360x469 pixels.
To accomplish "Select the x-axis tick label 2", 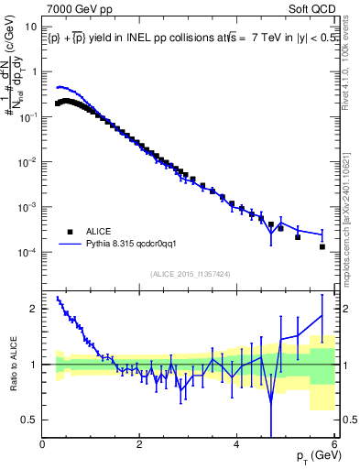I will tap(140, 444).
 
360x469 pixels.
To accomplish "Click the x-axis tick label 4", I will tap(237, 444).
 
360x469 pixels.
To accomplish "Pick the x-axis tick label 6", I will tap(334, 444).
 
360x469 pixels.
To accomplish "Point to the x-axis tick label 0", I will tap(43, 444).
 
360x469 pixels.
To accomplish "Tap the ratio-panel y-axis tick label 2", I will tap(33, 309).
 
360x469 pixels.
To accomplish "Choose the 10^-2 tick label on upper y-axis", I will tap(25, 162).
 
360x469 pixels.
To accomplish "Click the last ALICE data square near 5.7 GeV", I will tap(322, 246).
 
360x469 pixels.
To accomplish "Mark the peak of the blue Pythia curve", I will tap(60, 87).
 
